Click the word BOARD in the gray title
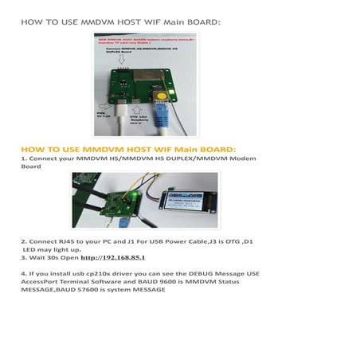pos(196,22)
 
